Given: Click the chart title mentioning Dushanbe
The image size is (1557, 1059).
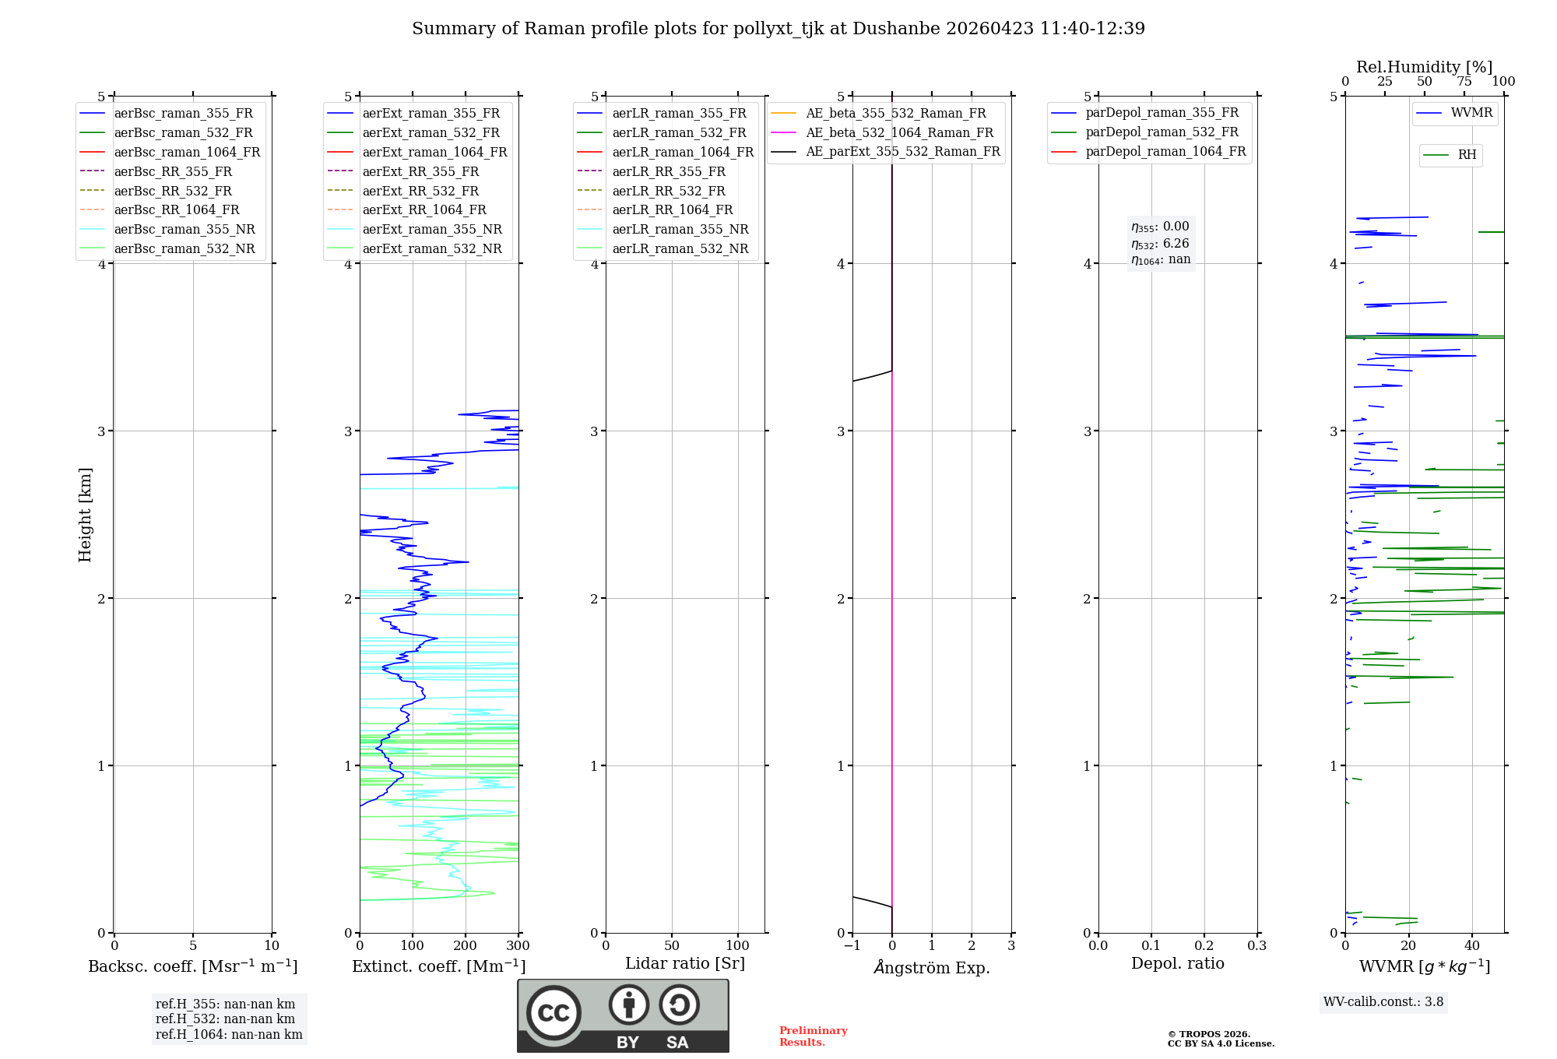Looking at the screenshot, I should click(x=778, y=29).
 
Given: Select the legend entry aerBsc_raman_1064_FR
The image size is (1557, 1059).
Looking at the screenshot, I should click(x=187, y=152).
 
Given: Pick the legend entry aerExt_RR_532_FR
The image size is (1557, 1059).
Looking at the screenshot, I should click(x=420, y=191).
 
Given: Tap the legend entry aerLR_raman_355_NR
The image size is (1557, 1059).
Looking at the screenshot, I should click(x=680, y=229).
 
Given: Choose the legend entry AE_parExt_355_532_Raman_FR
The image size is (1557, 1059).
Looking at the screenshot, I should click(x=902, y=151).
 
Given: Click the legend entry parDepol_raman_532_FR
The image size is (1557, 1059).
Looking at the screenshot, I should click(x=1162, y=132).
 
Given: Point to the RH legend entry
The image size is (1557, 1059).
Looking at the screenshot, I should click(x=1467, y=155).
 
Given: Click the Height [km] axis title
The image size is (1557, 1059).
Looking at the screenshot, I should click(x=85, y=514).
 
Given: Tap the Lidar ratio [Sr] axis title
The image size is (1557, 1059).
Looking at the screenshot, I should click(x=685, y=963).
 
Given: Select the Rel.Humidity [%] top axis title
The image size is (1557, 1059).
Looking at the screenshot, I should click(x=1424, y=67).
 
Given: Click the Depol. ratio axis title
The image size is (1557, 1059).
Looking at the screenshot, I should click(x=1177, y=963).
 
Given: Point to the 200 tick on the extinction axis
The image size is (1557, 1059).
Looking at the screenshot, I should click(x=466, y=946).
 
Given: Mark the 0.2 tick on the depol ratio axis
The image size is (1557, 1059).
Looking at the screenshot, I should click(x=1204, y=946).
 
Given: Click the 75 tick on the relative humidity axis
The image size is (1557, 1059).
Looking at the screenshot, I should click(x=1464, y=82).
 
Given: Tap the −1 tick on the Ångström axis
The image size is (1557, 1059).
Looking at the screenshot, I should click(x=852, y=946).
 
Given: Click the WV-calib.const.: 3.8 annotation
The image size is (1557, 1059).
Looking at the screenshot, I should click(x=1383, y=1002).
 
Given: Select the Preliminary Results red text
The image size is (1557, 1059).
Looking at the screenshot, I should click(x=813, y=1036).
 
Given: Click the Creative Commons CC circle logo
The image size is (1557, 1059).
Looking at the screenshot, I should click(x=554, y=1013).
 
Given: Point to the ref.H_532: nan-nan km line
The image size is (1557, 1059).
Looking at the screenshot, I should click(x=225, y=1019).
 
